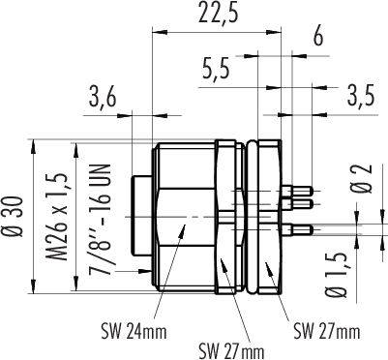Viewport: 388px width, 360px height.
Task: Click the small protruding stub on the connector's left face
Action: (x=140, y=221)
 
